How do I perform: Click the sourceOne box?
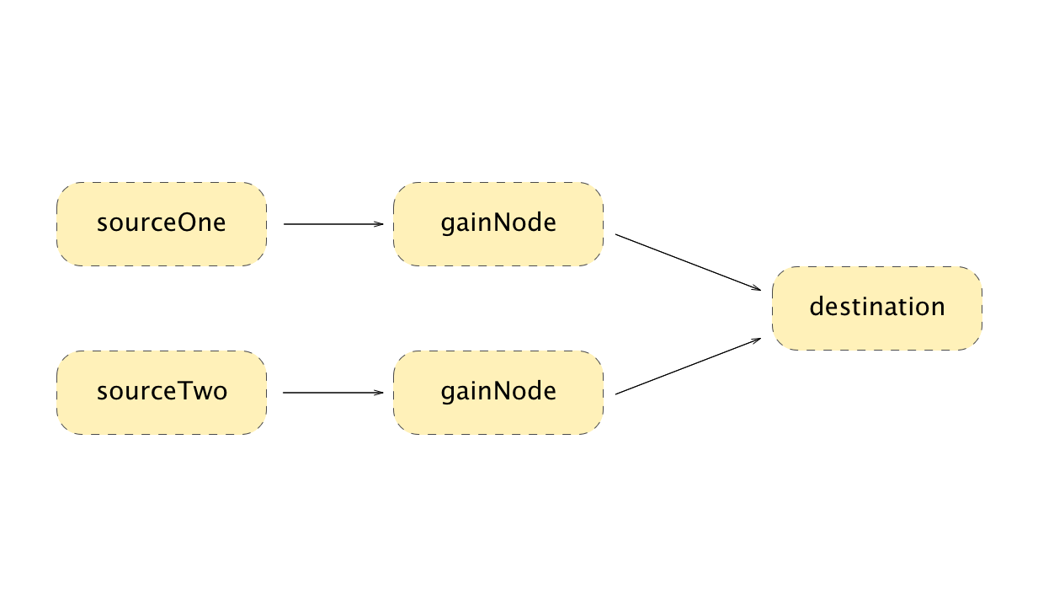161,224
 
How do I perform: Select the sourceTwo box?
161,393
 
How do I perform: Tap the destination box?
876,308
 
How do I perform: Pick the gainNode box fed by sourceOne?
498,224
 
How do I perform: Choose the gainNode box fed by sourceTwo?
498,393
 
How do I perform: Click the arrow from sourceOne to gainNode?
333,224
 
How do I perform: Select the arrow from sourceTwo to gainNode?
333,393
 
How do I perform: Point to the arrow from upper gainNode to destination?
686,262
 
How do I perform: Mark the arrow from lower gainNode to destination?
686,367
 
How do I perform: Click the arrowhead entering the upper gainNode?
379,224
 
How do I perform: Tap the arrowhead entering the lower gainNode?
379,393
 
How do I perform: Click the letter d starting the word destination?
816,307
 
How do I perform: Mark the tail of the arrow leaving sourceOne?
285,224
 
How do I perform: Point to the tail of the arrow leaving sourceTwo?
285,393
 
